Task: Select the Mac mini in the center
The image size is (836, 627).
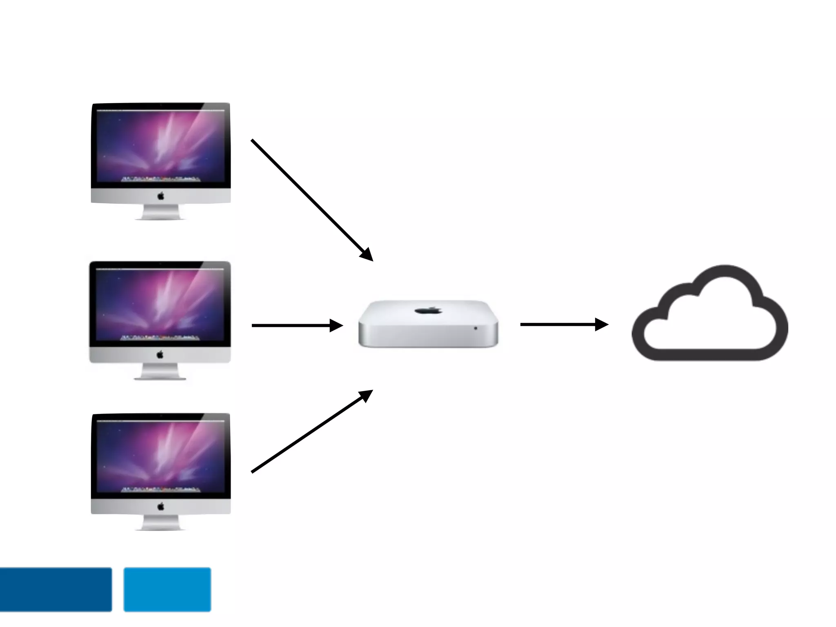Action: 428,325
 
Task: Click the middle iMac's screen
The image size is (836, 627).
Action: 160,304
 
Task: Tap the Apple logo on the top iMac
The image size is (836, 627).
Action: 161,196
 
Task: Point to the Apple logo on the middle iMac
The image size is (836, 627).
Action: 160,355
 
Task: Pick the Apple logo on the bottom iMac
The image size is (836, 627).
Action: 161,507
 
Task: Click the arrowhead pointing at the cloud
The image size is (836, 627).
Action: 601,325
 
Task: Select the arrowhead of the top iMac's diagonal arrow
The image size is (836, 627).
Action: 366,254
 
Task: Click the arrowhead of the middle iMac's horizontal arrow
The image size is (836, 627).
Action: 336,325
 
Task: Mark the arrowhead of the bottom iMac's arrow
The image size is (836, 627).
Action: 365,396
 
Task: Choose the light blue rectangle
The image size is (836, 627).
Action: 167,589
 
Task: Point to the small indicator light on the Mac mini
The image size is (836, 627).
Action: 476,328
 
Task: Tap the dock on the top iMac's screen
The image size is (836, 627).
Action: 160,179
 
